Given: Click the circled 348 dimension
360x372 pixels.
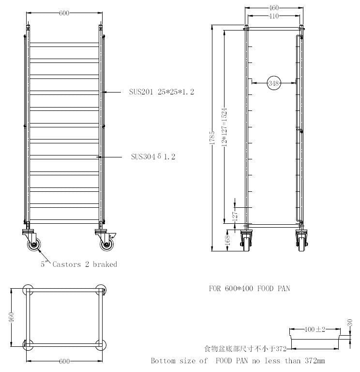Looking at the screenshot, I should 274,83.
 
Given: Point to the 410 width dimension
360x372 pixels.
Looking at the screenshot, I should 274,16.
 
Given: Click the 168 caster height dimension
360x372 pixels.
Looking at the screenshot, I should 228,239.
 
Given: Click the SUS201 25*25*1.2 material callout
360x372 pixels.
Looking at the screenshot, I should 162,92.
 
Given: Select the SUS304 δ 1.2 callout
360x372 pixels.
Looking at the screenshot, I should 153,157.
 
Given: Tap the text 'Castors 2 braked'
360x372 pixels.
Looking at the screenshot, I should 85,264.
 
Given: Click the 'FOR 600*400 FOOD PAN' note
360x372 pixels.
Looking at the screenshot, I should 249,288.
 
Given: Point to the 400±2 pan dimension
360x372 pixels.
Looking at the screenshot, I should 315,330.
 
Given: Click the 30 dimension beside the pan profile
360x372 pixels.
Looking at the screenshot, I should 350,322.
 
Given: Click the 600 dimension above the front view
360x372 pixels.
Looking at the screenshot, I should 64,13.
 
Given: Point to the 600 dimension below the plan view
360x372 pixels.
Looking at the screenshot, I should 64,361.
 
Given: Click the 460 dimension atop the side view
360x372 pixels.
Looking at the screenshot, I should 274,8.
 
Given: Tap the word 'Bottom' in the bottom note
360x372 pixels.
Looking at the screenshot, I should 165,361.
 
